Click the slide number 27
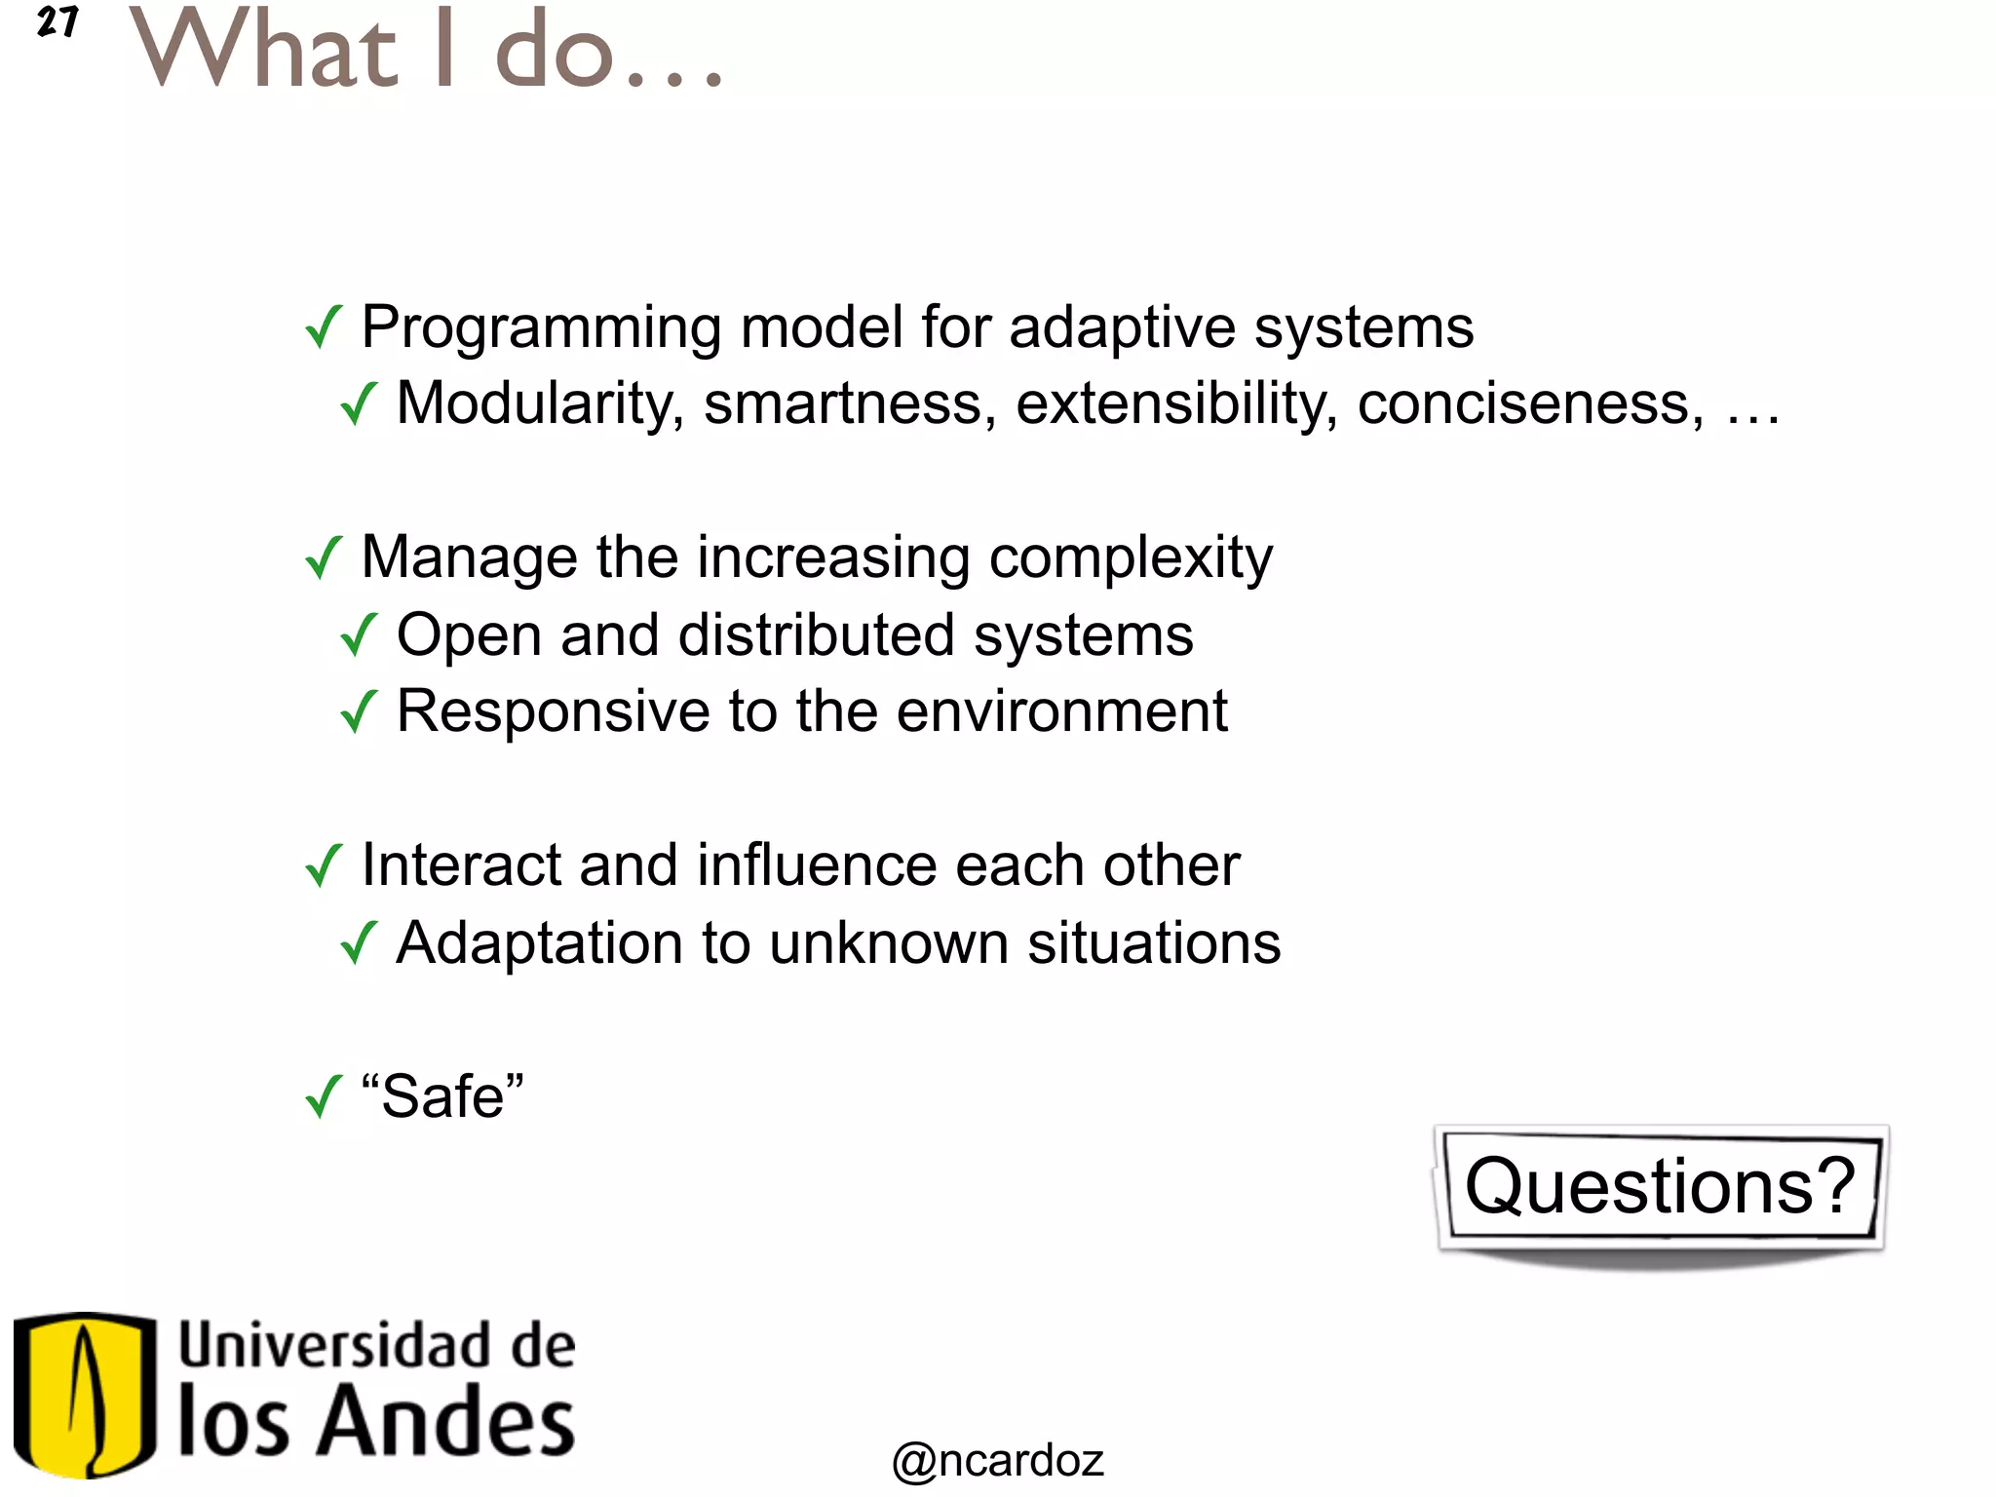coord(57,21)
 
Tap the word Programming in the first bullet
coord(541,328)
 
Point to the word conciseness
coord(1530,403)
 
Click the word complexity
coord(1131,559)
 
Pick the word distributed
coord(816,635)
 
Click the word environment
coord(1061,711)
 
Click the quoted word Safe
coord(442,1097)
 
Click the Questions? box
coord(1660,1187)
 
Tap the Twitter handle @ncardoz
coord(998,1460)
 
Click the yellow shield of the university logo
coord(85,1394)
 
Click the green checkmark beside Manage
coord(324,557)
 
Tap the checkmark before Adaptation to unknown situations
coord(359,942)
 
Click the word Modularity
coord(540,403)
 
